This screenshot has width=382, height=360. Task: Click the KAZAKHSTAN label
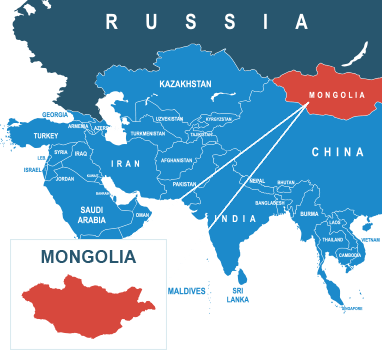click(x=185, y=85)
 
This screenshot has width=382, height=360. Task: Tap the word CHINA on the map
click(x=337, y=152)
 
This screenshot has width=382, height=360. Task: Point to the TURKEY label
click(x=46, y=135)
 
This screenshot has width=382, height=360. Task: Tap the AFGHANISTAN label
click(x=176, y=160)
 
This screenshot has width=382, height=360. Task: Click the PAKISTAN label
click(x=185, y=184)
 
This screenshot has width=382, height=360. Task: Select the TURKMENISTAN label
click(x=148, y=133)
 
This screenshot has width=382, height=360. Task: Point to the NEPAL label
click(x=257, y=181)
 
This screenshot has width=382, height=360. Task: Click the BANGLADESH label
click(x=270, y=202)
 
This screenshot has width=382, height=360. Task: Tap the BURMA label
click(x=309, y=213)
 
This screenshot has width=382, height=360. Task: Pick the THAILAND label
click(x=332, y=240)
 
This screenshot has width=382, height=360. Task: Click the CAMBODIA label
click(x=350, y=255)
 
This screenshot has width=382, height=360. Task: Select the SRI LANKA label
click(x=237, y=294)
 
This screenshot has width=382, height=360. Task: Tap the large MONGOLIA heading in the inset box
click(x=88, y=257)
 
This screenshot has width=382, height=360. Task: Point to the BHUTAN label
click(x=286, y=182)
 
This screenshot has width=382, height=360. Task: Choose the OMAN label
click(x=142, y=214)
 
